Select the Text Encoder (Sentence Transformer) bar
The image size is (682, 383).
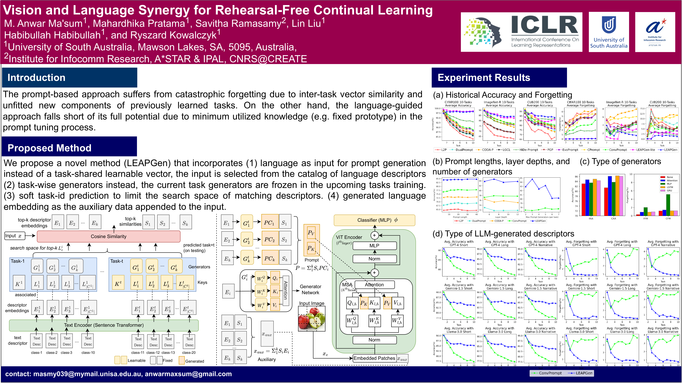click(104, 325)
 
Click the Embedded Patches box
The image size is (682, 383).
click(374, 358)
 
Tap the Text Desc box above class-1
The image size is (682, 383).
click(37, 341)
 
